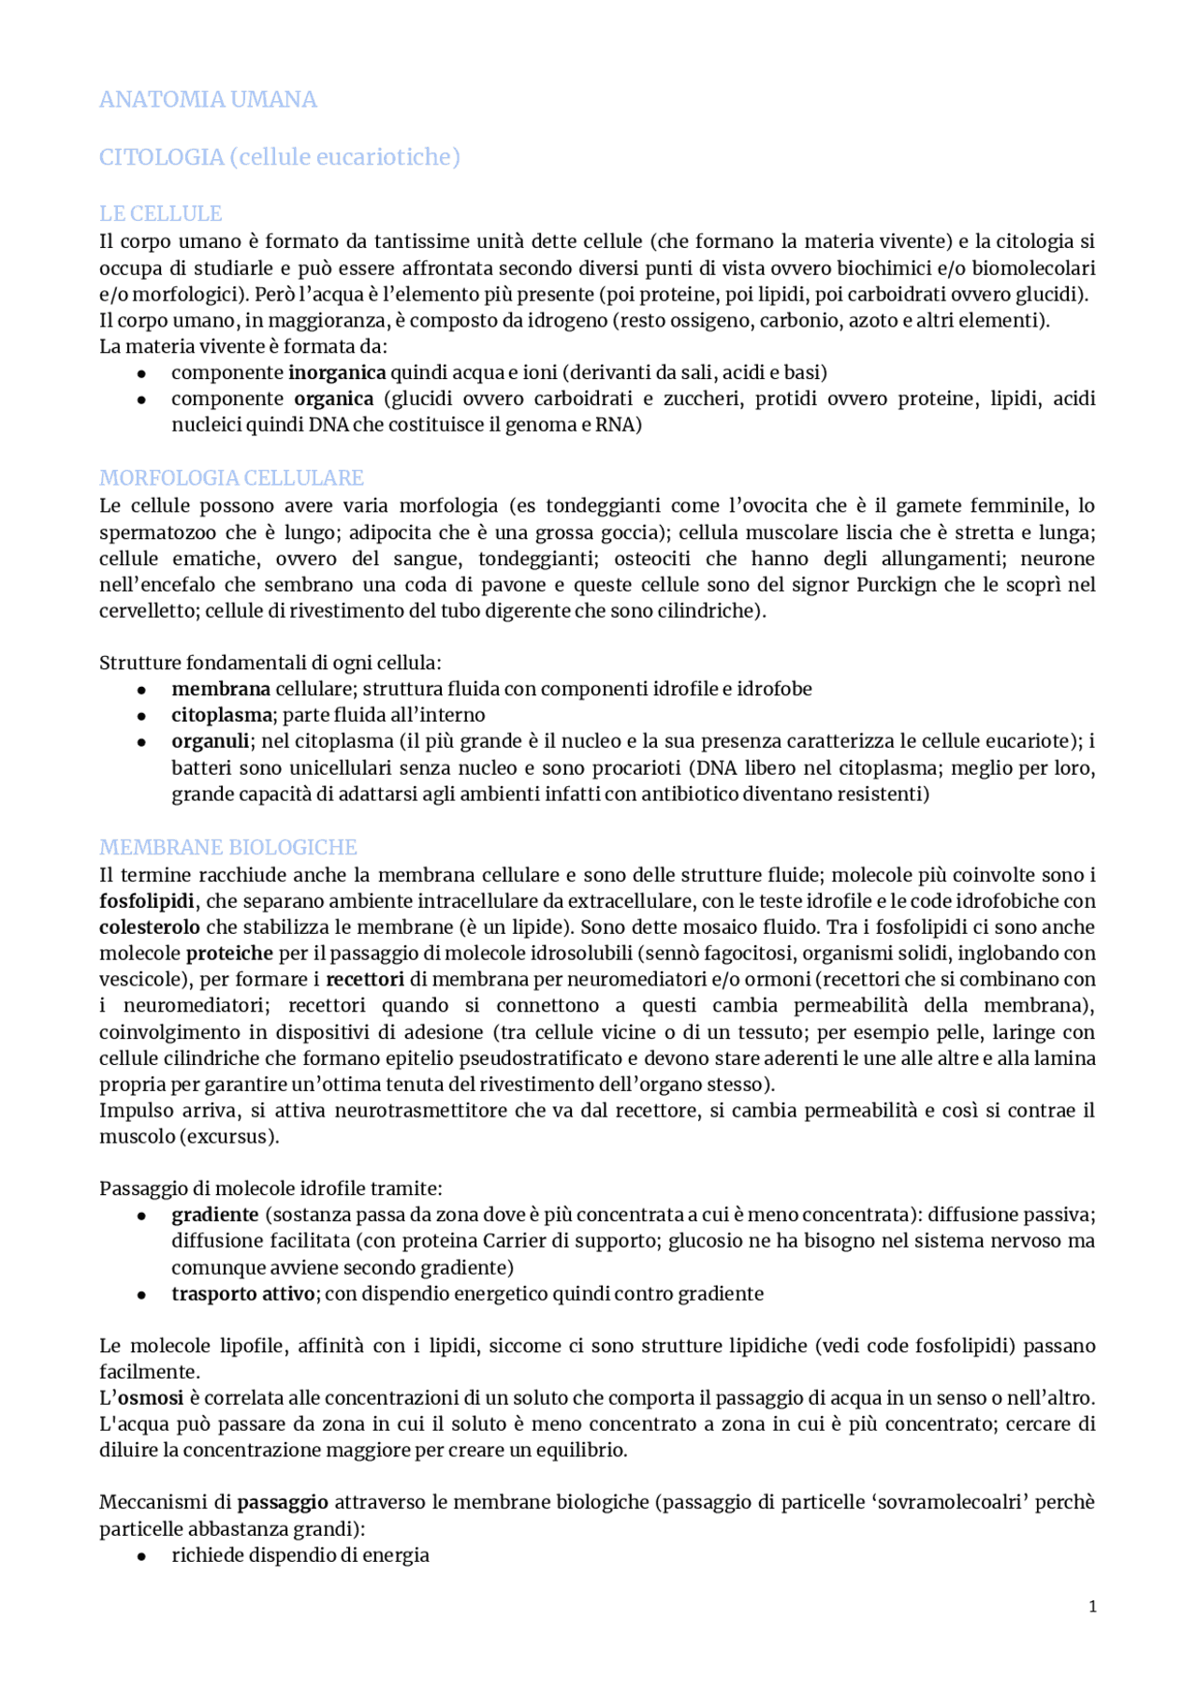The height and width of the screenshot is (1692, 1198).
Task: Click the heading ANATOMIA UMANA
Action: point(208,99)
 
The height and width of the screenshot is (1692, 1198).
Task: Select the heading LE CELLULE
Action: point(160,213)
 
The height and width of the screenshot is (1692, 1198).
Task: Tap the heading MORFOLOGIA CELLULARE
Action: point(231,478)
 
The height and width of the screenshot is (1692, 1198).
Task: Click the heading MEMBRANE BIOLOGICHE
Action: point(228,848)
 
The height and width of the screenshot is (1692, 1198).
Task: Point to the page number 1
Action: point(1092,1607)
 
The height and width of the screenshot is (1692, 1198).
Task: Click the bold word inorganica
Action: point(337,372)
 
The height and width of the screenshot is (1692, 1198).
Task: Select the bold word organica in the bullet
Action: point(333,399)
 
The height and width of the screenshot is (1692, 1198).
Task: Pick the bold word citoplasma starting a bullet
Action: point(221,715)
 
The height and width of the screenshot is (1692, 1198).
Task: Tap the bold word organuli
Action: point(210,741)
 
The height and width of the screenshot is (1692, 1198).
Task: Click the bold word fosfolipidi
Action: point(147,901)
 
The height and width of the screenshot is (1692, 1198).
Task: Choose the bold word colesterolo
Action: point(150,927)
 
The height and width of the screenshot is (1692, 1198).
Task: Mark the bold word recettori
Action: point(365,980)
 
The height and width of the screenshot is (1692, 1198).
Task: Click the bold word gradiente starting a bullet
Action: point(214,1215)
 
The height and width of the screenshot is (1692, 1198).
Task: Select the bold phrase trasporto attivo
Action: point(243,1294)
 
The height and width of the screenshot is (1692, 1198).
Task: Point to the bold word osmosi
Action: point(150,1398)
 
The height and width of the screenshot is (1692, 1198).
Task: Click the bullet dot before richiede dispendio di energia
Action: point(141,1556)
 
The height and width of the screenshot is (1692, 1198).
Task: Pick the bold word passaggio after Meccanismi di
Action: point(283,1503)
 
